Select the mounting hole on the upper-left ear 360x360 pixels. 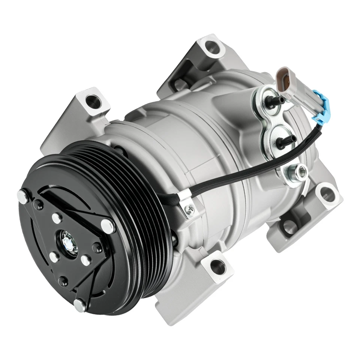pyautogui.click(x=91, y=100)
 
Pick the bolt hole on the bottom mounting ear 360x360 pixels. pyautogui.click(x=218, y=267)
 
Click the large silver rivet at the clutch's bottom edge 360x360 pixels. pyautogui.click(x=79, y=306)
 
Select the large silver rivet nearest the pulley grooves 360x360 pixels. pyautogui.click(x=108, y=225)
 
